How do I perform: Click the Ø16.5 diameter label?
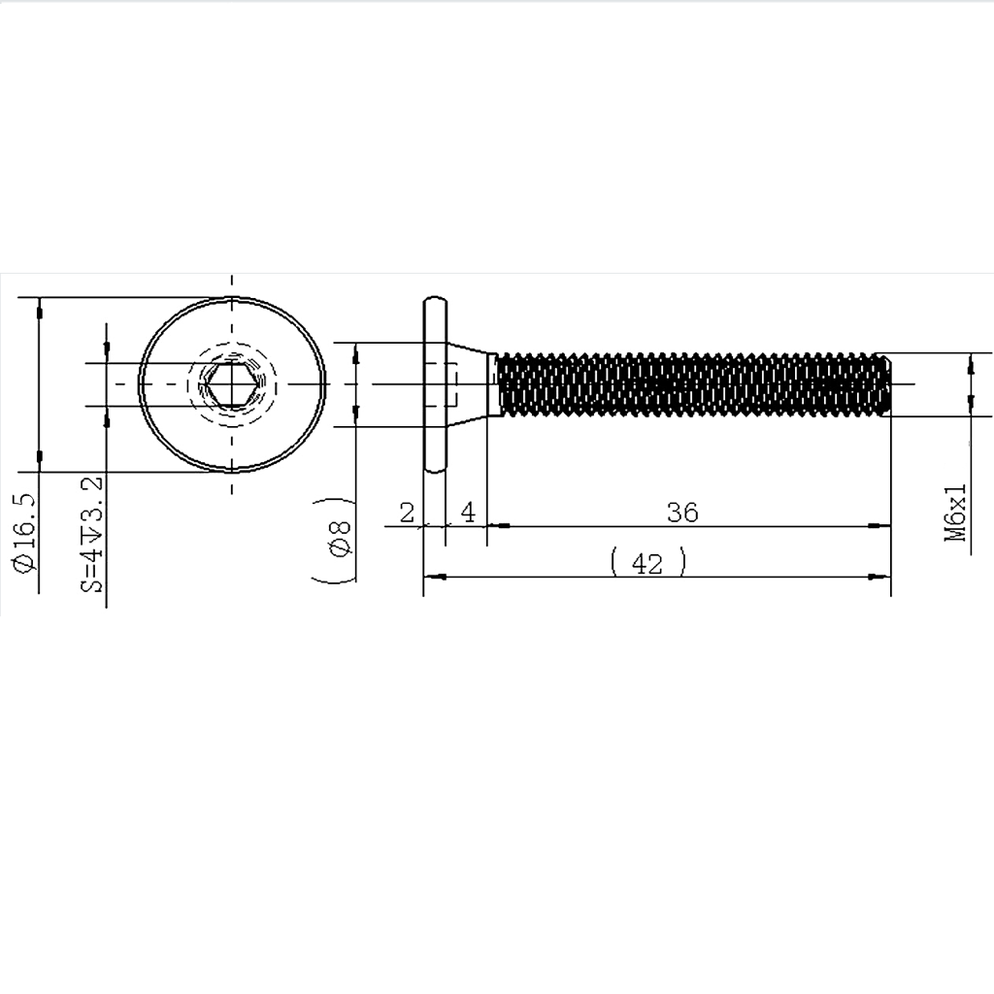tap(25, 533)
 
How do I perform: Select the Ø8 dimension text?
tap(341, 539)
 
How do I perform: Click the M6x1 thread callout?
tap(955, 513)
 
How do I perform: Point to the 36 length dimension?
tap(682, 513)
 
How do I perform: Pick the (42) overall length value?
tap(647, 563)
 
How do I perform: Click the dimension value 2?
tap(407, 513)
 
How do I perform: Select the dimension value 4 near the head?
tap(468, 513)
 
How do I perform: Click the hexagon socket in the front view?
tap(232, 384)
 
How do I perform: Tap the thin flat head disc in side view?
tap(435, 384)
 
